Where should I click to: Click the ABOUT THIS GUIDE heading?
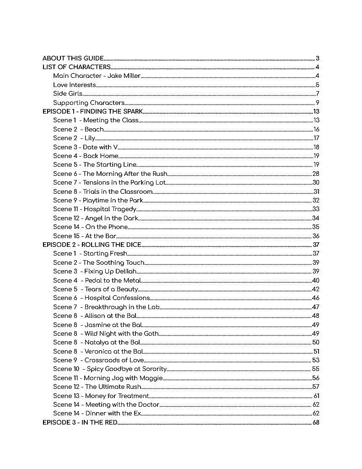(x=73, y=58)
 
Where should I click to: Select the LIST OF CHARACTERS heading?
(x=76, y=67)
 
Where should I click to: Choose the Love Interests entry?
(x=75, y=85)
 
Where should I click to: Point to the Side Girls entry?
(x=68, y=94)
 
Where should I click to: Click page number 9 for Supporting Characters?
(x=317, y=103)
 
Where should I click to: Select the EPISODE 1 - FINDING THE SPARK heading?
(x=93, y=111)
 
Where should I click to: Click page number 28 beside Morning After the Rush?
(x=316, y=174)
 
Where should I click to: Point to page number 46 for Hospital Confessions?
(x=316, y=298)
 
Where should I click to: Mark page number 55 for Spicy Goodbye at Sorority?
(x=316, y=369)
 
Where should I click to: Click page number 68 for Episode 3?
(x=316, y=422)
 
